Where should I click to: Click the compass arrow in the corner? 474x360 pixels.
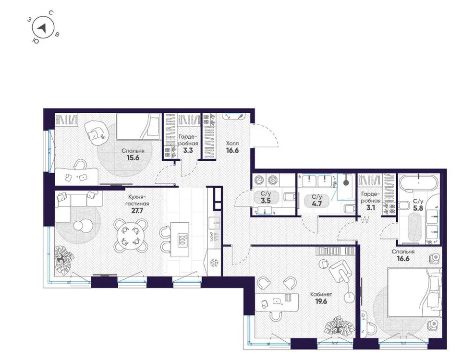pos(43,28)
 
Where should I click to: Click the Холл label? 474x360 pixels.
pos(232,143)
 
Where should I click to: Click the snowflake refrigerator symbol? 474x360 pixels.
pos(215,263)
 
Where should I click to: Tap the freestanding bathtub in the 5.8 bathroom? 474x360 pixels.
pos(419,184)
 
